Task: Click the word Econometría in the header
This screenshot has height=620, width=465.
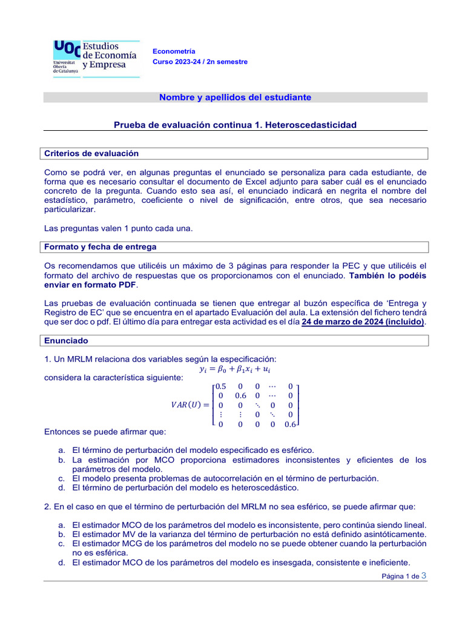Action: [x=174, y=51]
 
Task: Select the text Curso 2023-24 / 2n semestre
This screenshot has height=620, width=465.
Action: [x=200, y=62]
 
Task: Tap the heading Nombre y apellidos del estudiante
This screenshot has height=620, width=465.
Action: [x=235, y=97]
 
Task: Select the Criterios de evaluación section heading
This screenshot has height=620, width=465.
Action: [x=91, y=153]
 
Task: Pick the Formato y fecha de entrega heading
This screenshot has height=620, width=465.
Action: [x=101, y=246]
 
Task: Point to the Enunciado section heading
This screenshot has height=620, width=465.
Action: [x=66, y=341]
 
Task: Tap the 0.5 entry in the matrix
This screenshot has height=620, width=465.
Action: [x=221, y=386]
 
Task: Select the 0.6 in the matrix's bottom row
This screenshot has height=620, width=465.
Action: [x=290, y=424]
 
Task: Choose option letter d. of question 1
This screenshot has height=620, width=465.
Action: [x=62, y=487]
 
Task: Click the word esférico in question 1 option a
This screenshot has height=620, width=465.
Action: [x=297, y=450]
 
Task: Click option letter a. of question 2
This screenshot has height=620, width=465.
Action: [x=62, y=525]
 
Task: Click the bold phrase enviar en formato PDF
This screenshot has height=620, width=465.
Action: [x=91, y=285]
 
